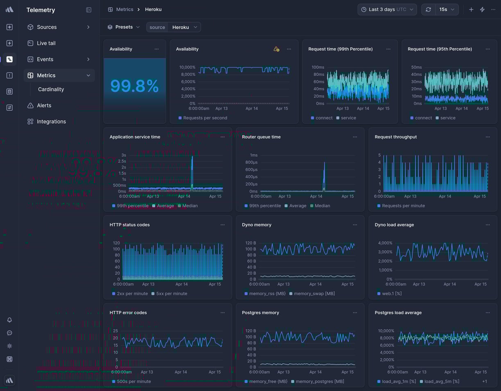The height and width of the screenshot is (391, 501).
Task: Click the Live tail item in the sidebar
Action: pyautogui.click(x=46, y=43)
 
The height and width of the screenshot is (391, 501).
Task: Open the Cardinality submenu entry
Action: pyautogui.click(x=51, y=90)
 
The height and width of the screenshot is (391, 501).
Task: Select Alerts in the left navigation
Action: pyautogui.click(x=44, y=106)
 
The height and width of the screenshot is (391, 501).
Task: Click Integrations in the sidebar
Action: pyautogui.click(x=51, y=121)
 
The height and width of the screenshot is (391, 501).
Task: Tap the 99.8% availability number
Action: pyautogui.click(x=134, y=86)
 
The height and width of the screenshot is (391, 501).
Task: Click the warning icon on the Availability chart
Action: pyautogui.click(x=276, y=49)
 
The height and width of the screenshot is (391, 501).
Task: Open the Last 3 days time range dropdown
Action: pyautogui.click(x=387, y=9)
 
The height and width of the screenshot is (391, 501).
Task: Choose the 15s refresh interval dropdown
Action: pyautogui.click(x=447, y=9)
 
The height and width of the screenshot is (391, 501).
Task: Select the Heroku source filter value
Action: pyautogui.click(x=184, y=27)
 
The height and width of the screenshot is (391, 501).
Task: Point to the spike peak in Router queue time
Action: pyautogui.click(x=325, y=163)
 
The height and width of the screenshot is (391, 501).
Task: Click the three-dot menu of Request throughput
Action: pyautogui.click(x=487, y=137)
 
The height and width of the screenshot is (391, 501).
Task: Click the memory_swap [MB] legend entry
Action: pyautogui.click(x=314, y=294)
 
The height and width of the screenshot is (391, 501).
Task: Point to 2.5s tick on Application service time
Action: pyautogui.click(x=122, y=161)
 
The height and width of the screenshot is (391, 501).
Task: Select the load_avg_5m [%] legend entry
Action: pyautogui.click(x=441, y=382)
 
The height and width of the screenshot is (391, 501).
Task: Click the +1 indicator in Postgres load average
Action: pyautogui.click(x=484, y=382)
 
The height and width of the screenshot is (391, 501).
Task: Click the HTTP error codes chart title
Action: pyautogui.click(x=128, y=313)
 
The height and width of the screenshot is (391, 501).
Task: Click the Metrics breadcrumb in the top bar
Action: pyautogui.click(x=124, y=9)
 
